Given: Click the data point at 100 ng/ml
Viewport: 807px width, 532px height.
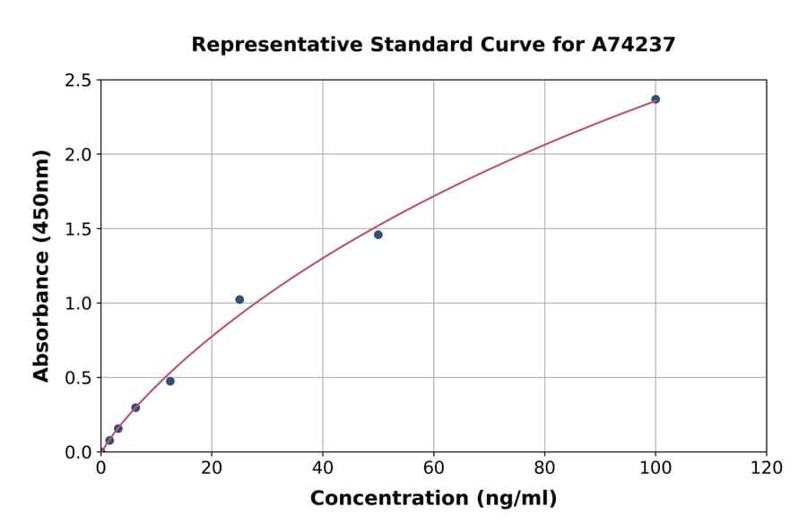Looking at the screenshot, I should (655, 99).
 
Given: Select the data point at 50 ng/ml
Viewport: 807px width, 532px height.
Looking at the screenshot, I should (378, 235).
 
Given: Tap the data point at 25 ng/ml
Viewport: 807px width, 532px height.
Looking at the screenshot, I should (239, 299).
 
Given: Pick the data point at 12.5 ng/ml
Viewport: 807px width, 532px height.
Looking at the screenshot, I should (170, 382).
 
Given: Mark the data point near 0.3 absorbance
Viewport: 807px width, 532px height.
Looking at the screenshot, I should (135, 408).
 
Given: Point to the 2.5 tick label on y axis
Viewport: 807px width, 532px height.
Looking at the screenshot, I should (79, 81).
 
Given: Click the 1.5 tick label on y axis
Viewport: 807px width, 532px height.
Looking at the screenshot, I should (79, 229).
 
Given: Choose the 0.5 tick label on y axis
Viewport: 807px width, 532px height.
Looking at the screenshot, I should (79, 378).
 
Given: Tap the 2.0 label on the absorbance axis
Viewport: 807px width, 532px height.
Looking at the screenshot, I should (79, 155).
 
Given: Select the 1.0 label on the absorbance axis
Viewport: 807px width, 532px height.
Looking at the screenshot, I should (79, 304).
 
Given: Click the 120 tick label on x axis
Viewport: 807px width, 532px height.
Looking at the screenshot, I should (767, 468).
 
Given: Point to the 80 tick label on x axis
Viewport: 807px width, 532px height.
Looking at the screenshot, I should (544, 468).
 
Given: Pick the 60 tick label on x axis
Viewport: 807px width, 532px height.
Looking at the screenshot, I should (434, 468).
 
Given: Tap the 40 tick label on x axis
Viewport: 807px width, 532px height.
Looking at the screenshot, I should (323, 468).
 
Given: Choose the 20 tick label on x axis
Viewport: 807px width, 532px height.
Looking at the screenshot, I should (212, 468).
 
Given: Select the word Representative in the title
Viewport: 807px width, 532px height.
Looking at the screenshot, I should (266, 44).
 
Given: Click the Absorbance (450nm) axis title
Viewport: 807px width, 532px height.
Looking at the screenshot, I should (41, 265).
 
